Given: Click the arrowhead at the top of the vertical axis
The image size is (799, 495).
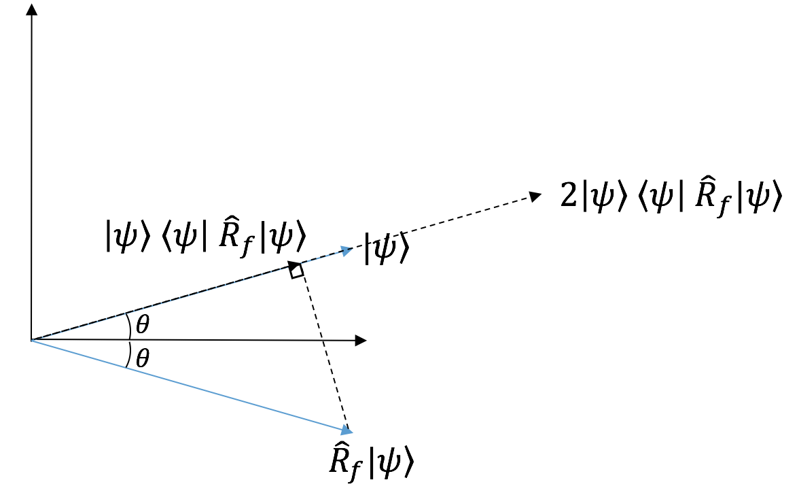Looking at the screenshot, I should pos(31,10).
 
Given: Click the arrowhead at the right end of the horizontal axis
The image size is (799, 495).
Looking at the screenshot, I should pos(361,340).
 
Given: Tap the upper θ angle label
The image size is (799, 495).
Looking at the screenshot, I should pos(142,325).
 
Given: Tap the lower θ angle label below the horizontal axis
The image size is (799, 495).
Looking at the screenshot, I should pos(142,358).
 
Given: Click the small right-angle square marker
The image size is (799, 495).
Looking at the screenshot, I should pos(297,271).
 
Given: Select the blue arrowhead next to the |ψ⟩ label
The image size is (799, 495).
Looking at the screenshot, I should pos(347,251).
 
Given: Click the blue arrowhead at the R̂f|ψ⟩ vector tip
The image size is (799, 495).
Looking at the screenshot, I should pos(347,430).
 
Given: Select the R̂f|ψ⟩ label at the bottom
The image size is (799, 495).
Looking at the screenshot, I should pos(371,462).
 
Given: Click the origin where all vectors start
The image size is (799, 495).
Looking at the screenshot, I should pos(32,340).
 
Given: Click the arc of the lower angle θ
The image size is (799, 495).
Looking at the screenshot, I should pos(129,354).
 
